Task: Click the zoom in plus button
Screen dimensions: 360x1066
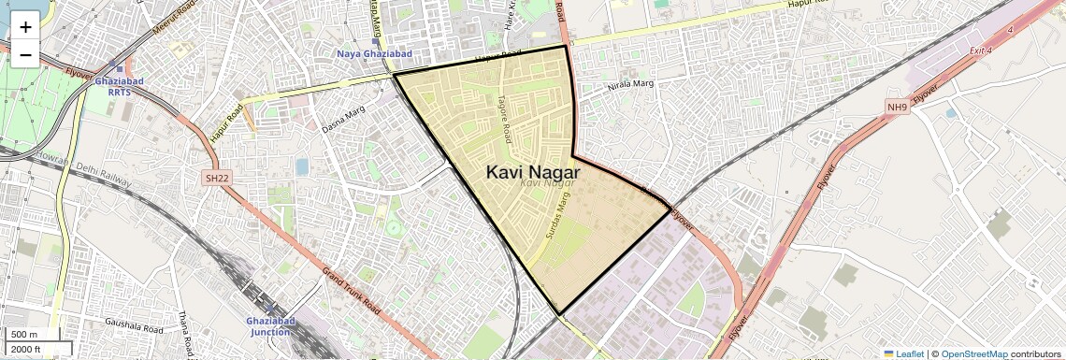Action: coord(25,26)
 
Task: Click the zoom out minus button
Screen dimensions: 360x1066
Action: coord(25,54)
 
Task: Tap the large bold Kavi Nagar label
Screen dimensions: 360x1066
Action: coord(533,172)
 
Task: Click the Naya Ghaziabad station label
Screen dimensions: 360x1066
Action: coord(374,54)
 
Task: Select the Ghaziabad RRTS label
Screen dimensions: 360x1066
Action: coord(120,87)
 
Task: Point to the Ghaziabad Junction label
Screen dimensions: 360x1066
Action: coord(269,326)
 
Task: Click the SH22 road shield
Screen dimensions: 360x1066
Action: coord(217,178)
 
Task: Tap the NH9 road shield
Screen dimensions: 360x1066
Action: coord(898,108)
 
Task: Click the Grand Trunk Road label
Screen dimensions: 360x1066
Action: coord(351,291)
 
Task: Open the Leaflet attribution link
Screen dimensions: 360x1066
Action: coord(903,353)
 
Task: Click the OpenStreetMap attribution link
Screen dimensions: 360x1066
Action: coord(973,353)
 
